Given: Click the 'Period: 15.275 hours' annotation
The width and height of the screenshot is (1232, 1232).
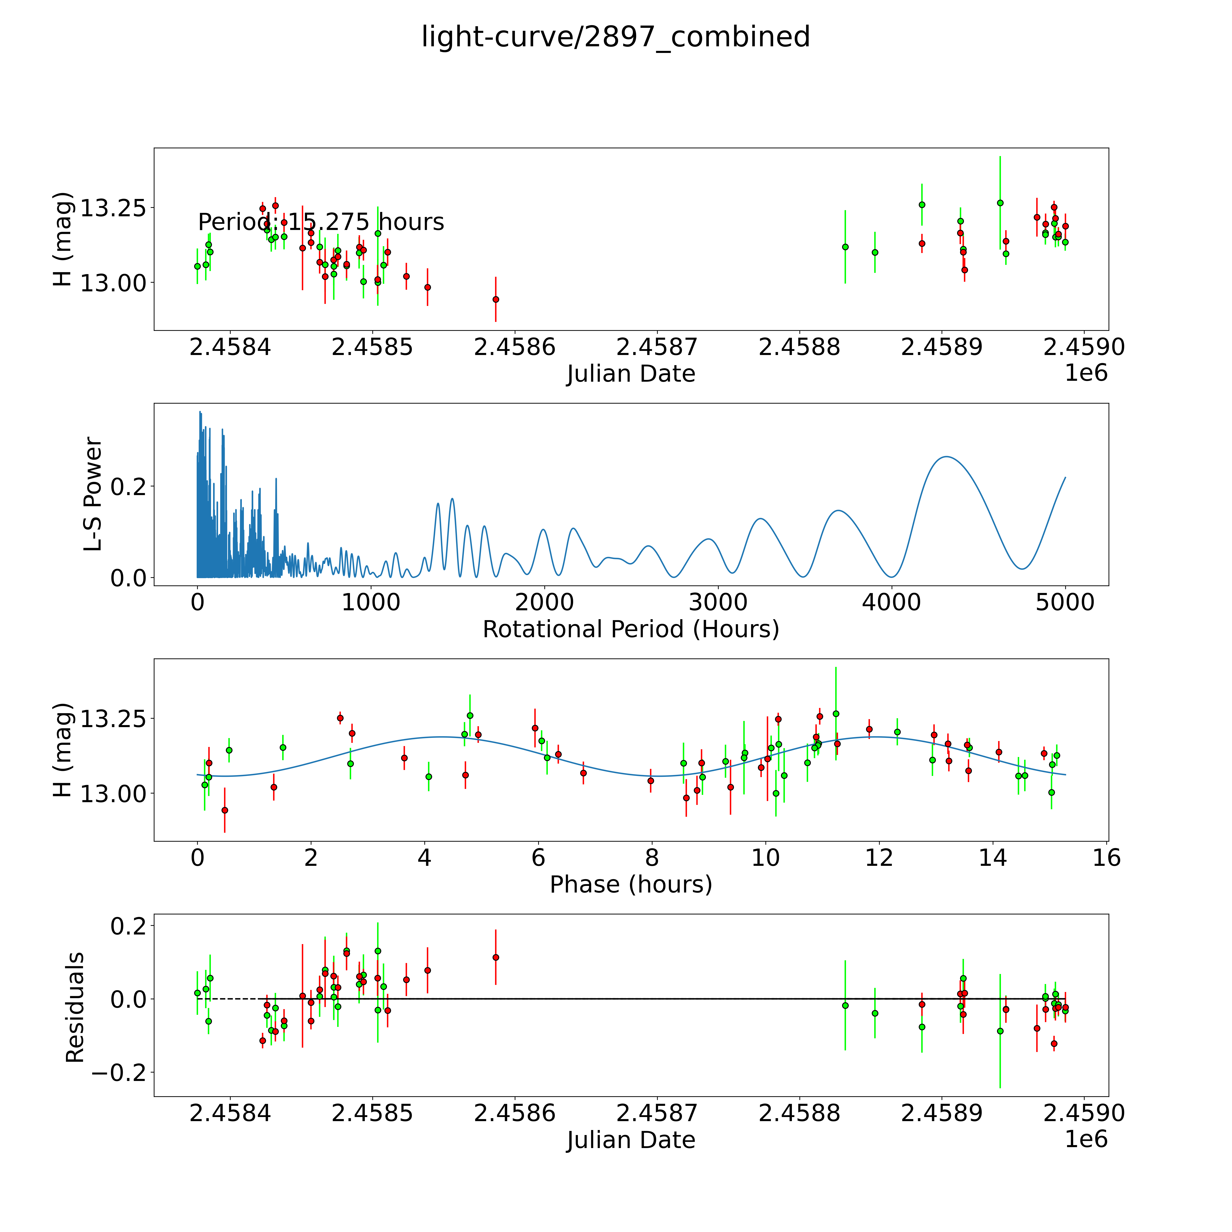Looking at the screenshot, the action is tap(321, 222).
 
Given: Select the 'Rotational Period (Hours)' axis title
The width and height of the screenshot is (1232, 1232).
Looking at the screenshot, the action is tap(631, 629).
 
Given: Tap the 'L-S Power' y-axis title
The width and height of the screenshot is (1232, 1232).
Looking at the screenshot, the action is tap(93, 494).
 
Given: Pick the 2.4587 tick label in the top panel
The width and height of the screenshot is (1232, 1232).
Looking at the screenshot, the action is tap(657, 347).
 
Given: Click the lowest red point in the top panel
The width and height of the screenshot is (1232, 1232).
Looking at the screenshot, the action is tap(496, 299).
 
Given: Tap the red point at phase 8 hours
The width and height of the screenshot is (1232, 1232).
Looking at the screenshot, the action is tap(650, 780).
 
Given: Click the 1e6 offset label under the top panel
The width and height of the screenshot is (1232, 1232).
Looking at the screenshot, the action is tap(1086, 373).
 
